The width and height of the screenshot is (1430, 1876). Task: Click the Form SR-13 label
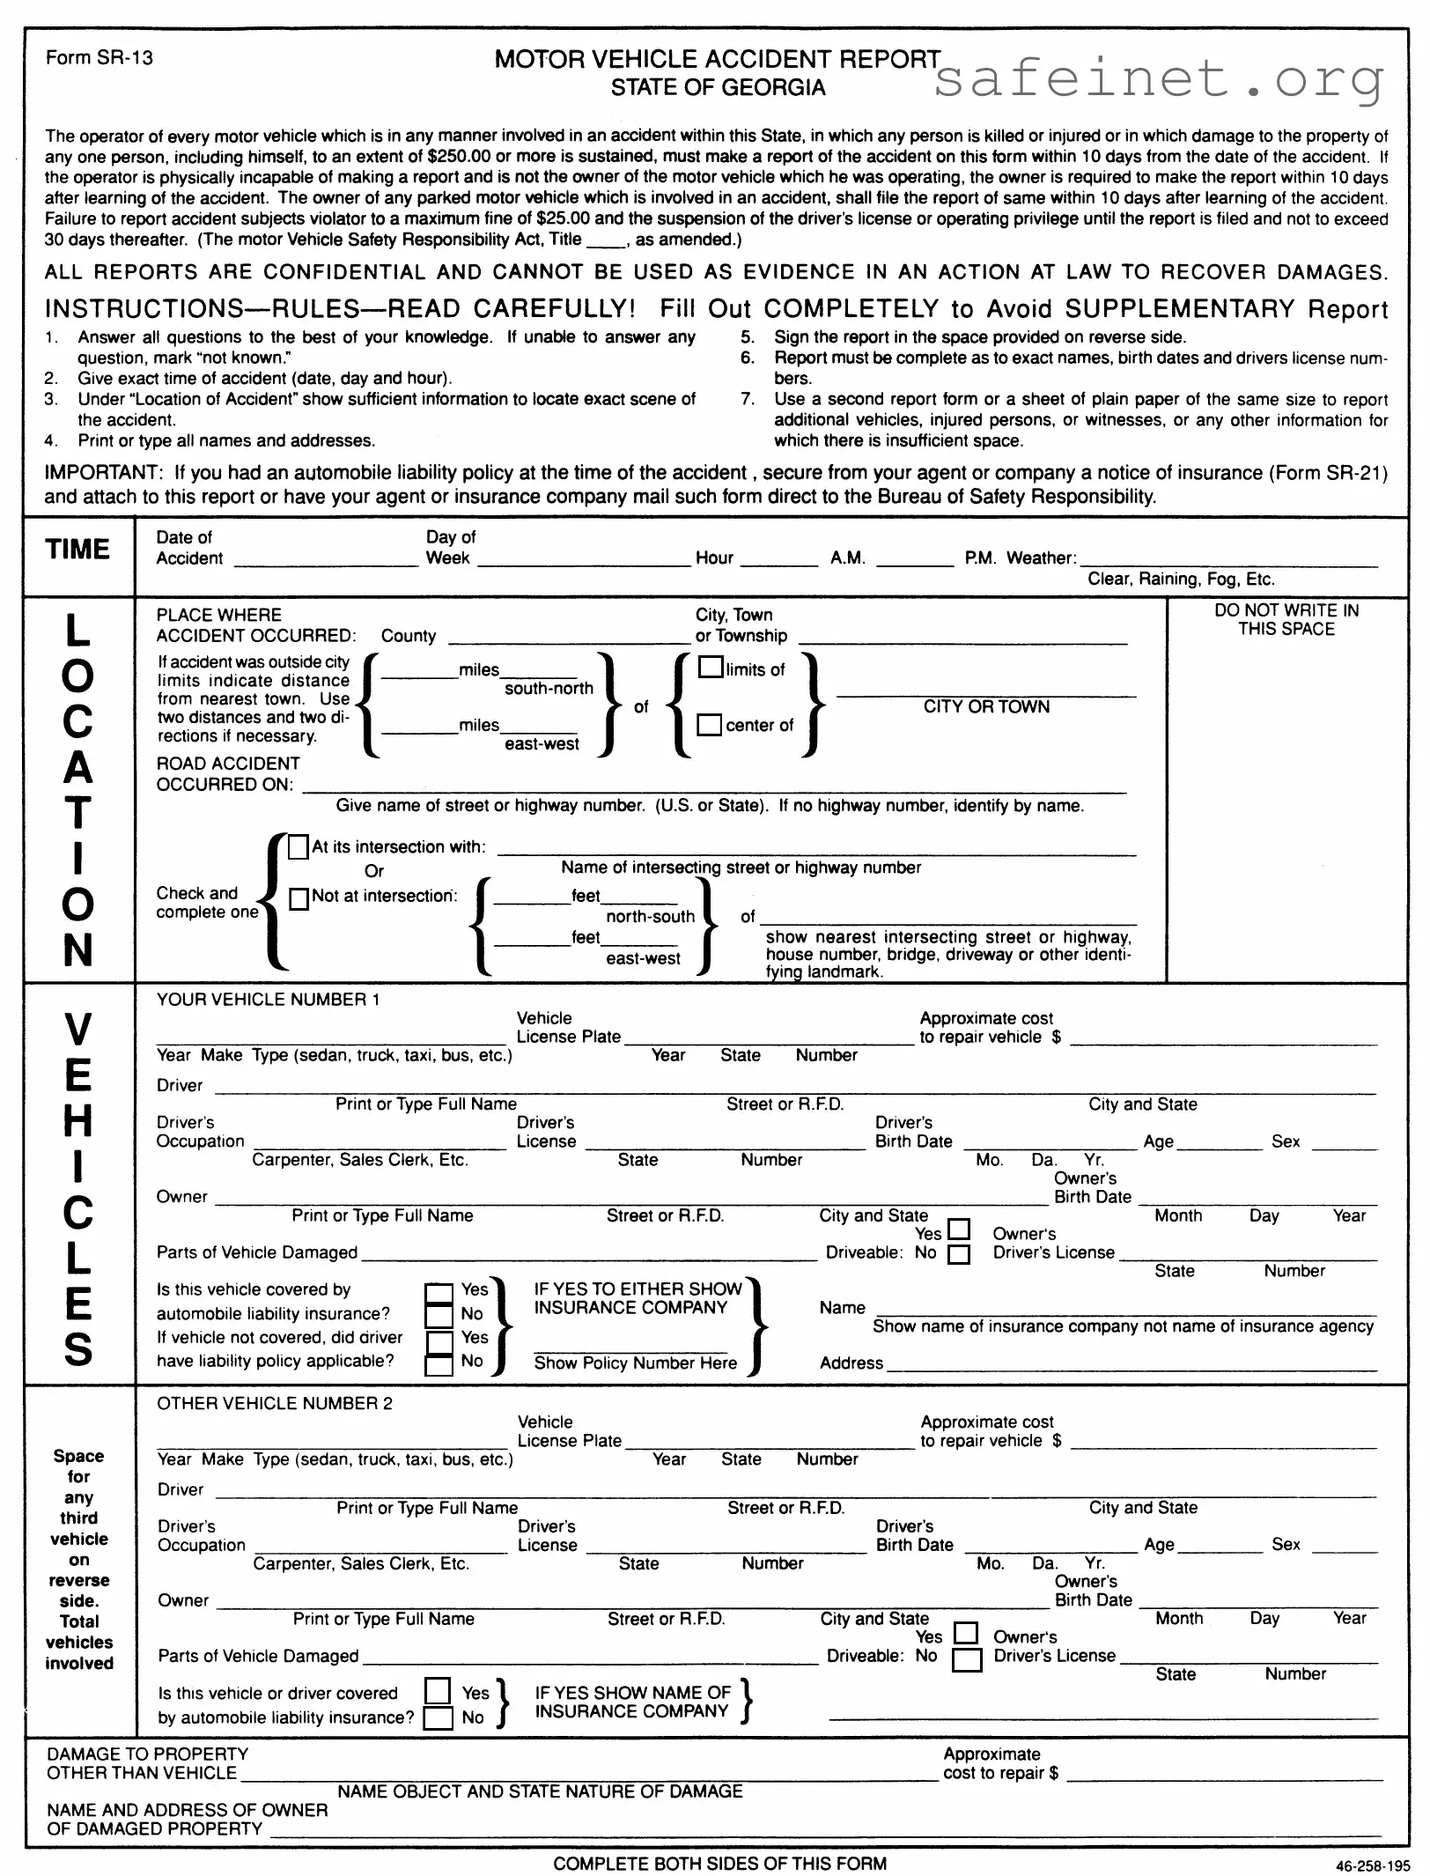pyautogui.click(x=100, y=58)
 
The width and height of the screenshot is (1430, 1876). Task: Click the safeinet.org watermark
pyautogui.click(x=1159, y=79)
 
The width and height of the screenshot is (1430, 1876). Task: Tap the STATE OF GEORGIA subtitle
pyautogui.click(x=718, y=88)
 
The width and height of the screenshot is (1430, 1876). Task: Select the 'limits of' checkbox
pyautogui.click(x=711, y=667)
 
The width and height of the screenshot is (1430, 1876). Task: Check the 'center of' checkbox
pyautogui.click(x=710, y=724)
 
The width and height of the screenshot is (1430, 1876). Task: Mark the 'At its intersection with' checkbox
pyautogui.click(x=299, y=847)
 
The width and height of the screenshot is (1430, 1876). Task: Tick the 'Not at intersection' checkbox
pyautogui.click(x=299, y=898)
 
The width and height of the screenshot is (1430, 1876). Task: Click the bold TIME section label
pyautogui.click(x=77, y=550)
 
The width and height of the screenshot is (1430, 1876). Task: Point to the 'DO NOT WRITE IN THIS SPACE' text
pyautogui.click(x=1286, y=620)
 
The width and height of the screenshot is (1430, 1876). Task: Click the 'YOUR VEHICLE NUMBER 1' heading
pyautogui.click(x=268, y=1000)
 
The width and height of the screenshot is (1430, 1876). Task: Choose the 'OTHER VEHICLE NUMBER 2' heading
pyautogui.click(x=275, y=1404)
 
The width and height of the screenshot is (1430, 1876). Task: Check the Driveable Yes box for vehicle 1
pyautogui.click(x=959, y=1229)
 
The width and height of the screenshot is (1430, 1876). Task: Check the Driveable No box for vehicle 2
pyautogui.click(x=968, y=1660)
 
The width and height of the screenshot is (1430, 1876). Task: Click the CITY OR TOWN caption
pyautogui.click(x=986, y=707)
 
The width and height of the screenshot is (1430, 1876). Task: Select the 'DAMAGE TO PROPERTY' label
pyautogui.click(x=147, y=1754)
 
